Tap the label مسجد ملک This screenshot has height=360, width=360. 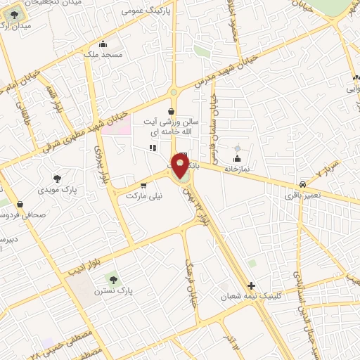pyautogui.click(x=103, y=54)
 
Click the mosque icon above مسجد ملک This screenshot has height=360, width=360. pyautogui.click(x=103, y=44)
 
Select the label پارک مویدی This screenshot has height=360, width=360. pyautogui.click(x=78, y=190)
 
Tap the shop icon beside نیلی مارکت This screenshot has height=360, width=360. pyautogui.click(x=144, y=186)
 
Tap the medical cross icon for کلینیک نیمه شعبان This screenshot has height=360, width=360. pyautogui.click(x=252, y=285)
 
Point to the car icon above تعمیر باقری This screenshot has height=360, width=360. pyautogui.click(x=303, y=181)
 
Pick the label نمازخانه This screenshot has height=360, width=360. pyautogui.click(x=238, y=169)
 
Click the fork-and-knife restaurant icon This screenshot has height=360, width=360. pyautogui.click(x=152, y=148)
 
